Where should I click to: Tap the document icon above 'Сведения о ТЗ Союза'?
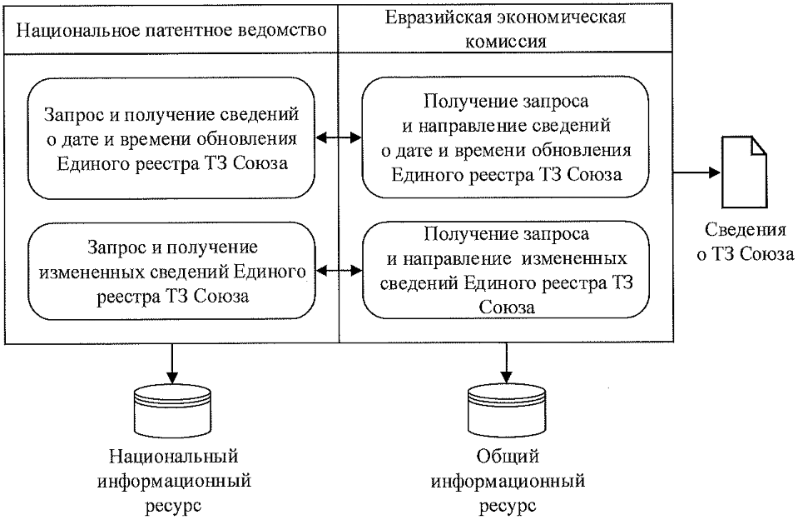[x=743, y=173]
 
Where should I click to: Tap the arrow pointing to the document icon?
[x=694, y=173]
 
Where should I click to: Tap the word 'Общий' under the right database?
[x=505, y=457]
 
